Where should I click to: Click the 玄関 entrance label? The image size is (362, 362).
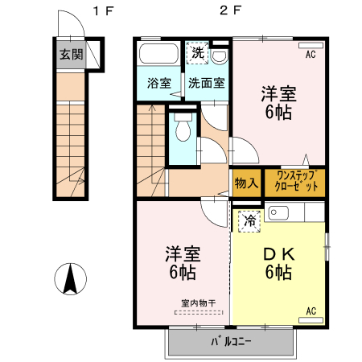[x=71, y=55]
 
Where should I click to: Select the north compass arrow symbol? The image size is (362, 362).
[x=69, y=279]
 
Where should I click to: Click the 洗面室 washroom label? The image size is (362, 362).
[x=207, y=83]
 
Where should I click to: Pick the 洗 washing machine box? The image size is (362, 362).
[x=198, y=54]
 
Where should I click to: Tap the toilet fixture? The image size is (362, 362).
[x=183, y=128]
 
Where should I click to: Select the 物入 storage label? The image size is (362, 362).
[x=246, y=183]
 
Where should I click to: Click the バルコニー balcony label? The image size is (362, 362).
[x=232, y=341]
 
